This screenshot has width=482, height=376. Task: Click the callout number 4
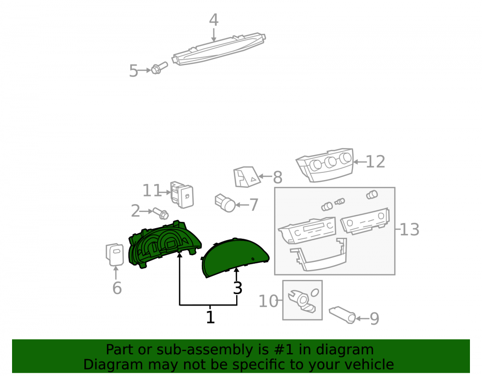tap(214, 20)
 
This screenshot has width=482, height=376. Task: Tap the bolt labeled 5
tap(159, 68)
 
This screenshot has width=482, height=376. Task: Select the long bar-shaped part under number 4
tap(218, 49)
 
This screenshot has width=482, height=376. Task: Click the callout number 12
tap(375, 162)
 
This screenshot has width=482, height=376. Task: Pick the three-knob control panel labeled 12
tap(325, 165)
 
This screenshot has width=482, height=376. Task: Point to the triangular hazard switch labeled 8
tap(246, 177)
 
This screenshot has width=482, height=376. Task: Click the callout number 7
tap(254, 205)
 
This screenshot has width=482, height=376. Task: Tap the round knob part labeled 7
tap(225, 203)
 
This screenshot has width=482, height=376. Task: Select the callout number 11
tap(152, 191)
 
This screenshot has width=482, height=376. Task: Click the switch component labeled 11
tap(182, 194)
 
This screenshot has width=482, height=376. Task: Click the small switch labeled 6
tap(115, 255)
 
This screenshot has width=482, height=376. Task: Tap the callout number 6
tap(117, 288)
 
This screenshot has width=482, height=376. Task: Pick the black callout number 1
tap(210, 317)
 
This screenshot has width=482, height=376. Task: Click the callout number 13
tap(409, 230)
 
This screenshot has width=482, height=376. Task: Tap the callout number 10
tap(268, 301)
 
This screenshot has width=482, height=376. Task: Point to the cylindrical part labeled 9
tap(342, 315)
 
